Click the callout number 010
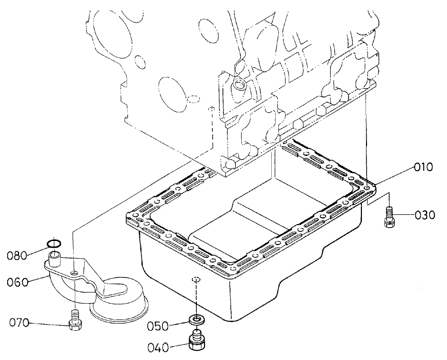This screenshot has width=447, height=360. click(x=423, y=167)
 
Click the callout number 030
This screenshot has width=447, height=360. click(x=425, y=215)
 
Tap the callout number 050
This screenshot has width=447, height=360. click(x=158, y=326)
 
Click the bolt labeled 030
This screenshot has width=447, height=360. click(x=389, y=215)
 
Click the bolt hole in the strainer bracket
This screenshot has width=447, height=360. click(x=75, y=272)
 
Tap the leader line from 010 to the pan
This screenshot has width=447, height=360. click(x=395, y=175)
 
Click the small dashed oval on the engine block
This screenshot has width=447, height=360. click(x=193, y=98)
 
